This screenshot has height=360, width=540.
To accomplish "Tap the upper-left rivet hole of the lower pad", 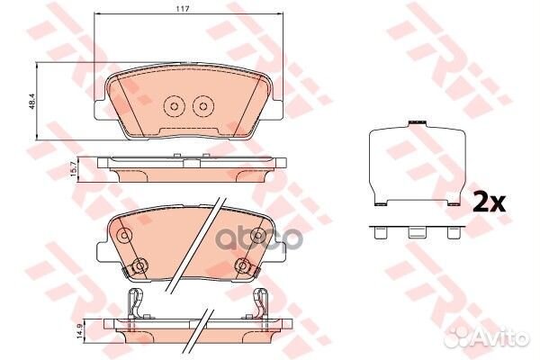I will (x=124, y=237).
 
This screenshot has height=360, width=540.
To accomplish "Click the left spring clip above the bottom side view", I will (x=135, y=304).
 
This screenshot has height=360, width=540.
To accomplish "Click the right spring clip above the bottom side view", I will (x=261, y=304).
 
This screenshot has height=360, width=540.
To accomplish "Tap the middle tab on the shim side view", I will (x=416, y=231).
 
